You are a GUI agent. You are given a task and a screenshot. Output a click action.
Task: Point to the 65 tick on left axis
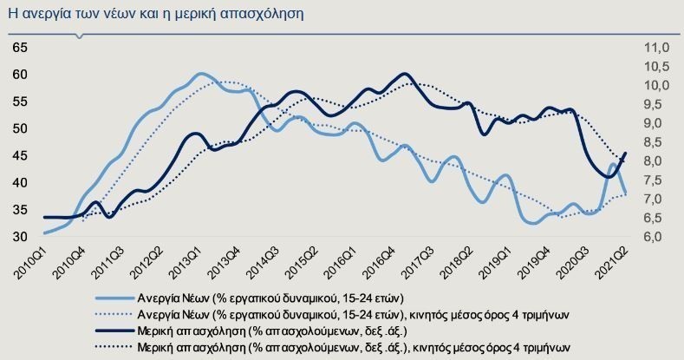(20, 48)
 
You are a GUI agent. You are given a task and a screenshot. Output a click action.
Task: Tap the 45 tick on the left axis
(20, 155)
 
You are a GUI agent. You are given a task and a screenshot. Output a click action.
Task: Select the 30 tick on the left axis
(20, 236)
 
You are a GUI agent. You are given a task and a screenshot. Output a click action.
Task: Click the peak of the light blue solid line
(201, 75)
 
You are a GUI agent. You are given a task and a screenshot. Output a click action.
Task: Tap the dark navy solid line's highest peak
(406, 75)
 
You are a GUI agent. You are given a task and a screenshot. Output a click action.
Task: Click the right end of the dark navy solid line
(625, 154)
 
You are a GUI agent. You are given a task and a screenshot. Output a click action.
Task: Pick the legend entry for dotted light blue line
(347, 313)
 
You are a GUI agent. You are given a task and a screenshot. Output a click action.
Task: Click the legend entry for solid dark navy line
(277, 330)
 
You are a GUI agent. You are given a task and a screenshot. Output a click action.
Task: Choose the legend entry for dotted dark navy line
(355, 346)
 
